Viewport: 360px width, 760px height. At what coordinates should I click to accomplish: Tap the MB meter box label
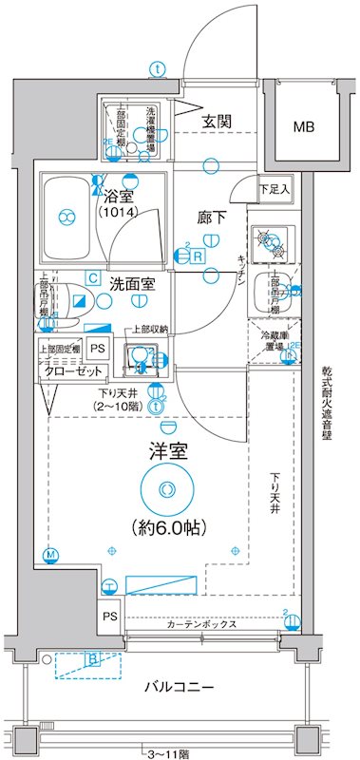coord(304,126)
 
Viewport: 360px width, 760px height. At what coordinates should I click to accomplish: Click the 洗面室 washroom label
coord(132,282)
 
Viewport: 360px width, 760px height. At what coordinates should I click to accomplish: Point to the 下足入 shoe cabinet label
coord(276,190)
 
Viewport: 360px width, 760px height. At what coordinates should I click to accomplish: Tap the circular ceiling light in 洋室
coord(167,491)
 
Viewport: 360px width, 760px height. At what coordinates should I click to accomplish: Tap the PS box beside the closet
coord(100,348)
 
